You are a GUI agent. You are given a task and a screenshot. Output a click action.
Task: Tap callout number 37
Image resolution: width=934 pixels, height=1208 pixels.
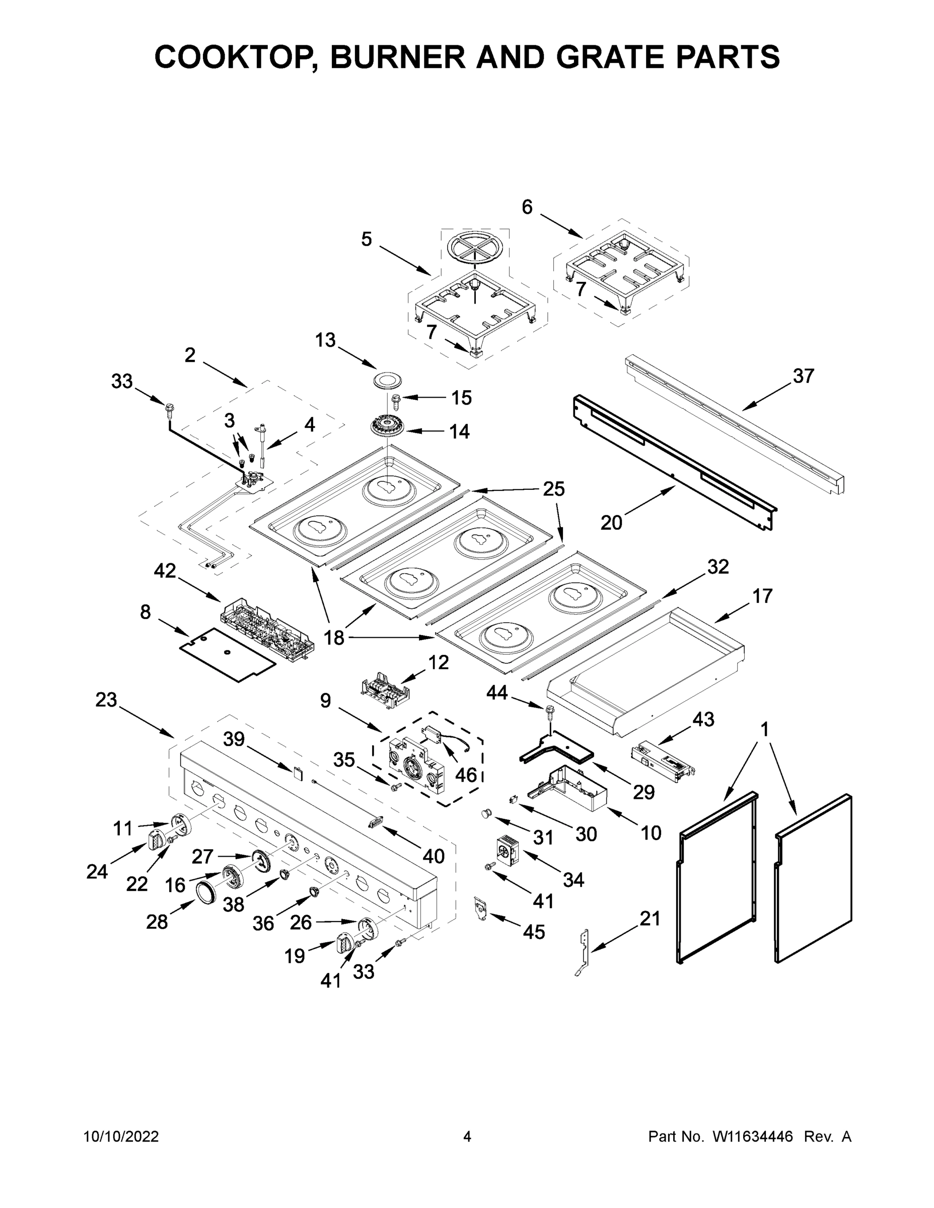pos(804,376)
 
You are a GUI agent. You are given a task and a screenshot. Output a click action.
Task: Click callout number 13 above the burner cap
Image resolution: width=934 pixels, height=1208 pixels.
pos(325,340)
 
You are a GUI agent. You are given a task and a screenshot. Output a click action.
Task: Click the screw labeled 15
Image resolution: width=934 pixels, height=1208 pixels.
pos(396,398)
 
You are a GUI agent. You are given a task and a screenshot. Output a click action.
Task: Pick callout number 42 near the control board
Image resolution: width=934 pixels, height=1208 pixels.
pos(164,571)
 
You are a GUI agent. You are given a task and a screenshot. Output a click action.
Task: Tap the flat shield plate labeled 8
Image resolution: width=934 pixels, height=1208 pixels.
pos(228,654)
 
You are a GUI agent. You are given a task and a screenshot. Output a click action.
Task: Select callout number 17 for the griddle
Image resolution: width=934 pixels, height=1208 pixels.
pos(762,596)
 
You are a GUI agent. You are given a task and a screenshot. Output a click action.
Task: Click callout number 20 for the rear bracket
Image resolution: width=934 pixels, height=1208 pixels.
pos(611,522)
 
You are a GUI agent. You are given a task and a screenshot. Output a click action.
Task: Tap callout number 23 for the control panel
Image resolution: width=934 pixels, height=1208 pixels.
pos(106,700)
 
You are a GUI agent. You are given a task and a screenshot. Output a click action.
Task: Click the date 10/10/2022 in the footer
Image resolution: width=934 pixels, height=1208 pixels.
pos(121,1137)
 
